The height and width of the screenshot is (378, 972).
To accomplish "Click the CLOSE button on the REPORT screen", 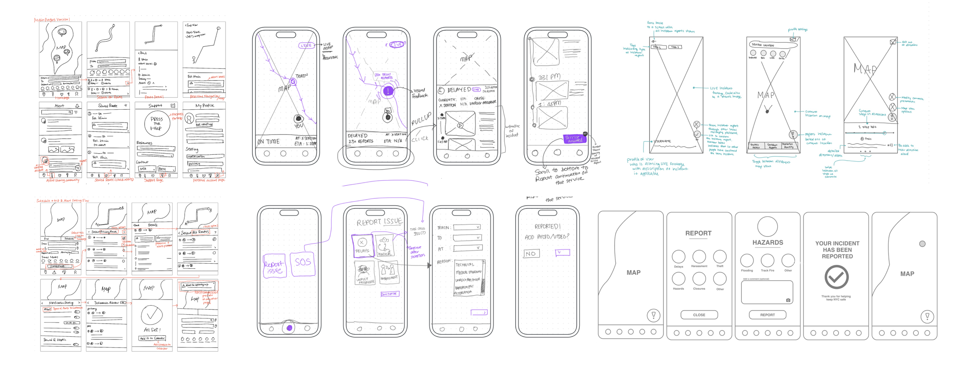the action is point(699,315).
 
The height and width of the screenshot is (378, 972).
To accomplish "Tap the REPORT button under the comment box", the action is point(767,315).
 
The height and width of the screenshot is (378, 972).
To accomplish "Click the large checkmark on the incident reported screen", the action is point(836,277).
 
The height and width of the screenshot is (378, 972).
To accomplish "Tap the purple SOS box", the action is point(303,264).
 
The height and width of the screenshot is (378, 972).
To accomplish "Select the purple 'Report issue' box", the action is point(274,266).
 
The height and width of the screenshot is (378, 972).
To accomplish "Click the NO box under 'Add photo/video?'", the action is point(531,254).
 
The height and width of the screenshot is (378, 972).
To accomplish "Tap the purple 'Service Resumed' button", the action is point(574,138).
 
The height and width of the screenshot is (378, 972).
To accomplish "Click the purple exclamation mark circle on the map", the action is point(388,91).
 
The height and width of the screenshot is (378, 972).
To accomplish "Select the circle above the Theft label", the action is point(720,256).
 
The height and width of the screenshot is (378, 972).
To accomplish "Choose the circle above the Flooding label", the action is point(747,260).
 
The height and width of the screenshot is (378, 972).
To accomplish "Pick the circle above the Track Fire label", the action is point(767,260).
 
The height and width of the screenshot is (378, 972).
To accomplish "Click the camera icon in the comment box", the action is point(788,300).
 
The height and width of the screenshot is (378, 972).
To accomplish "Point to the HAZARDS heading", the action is point(767,242).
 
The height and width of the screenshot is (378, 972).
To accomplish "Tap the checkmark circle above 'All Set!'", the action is point(152,315).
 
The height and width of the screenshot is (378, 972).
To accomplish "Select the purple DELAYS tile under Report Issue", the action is point(362,245).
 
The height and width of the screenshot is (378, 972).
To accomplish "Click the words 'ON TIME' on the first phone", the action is point(268,142).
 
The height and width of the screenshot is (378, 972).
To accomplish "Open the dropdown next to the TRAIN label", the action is point(467,227).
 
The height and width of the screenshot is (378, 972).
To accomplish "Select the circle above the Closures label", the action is point(699,278).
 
